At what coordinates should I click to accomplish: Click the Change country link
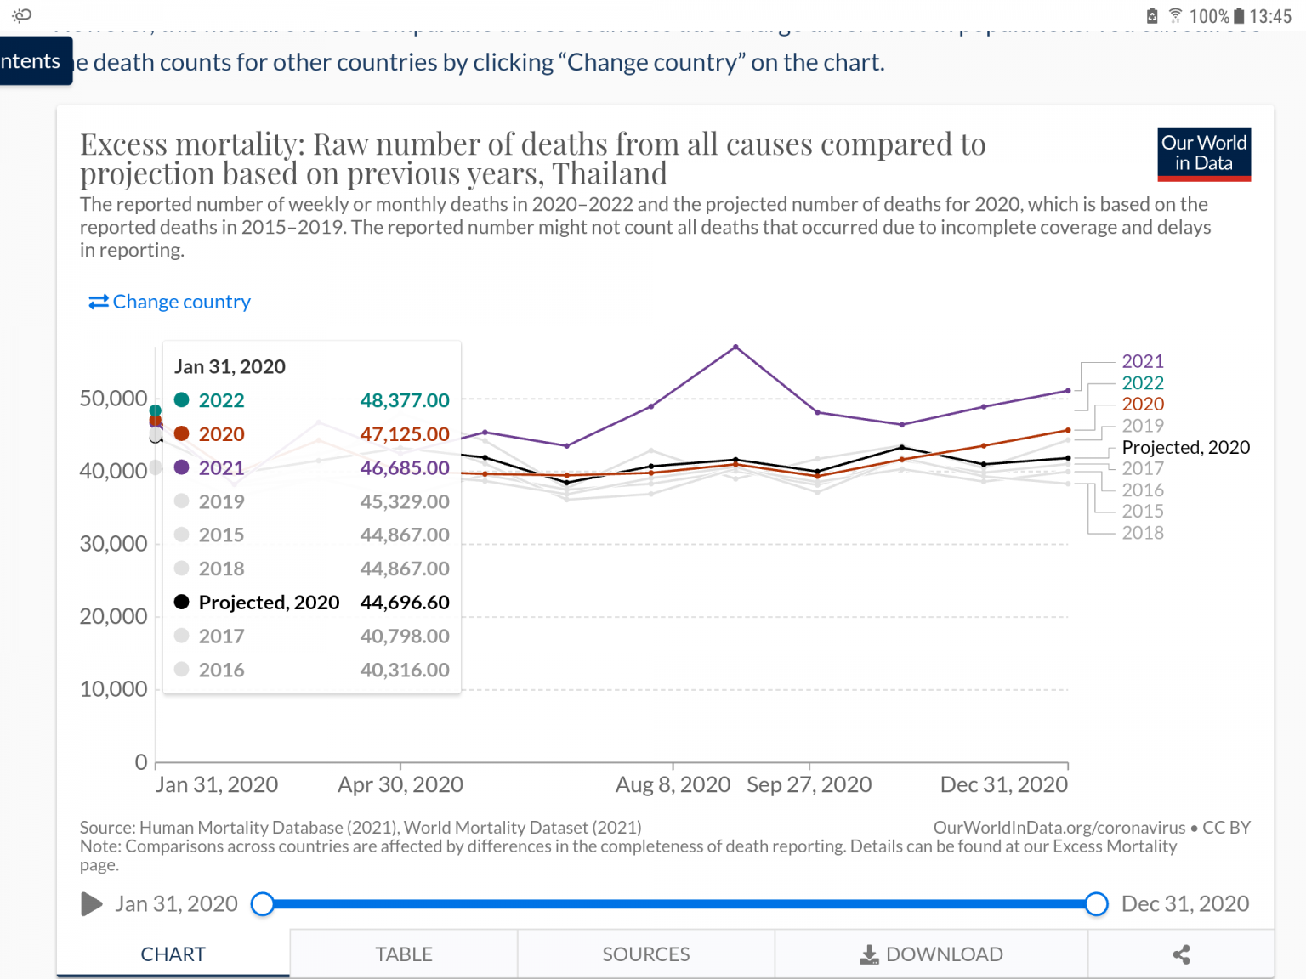pyautogui.click(x=171, y=302)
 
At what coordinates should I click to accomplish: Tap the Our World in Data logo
pyautogui.click(x=1203, y=154)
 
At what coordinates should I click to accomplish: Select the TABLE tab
pyautogui.click(x=404, y=954)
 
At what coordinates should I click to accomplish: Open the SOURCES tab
pyautogui.click(x=646, y=954)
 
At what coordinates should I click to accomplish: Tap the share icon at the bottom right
pyautogui.click(x=1181, y=954)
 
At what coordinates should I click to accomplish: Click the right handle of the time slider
pyautogui.click(x=1097, y=904)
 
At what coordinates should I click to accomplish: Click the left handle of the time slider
pyautogui.click(x=263, y=904)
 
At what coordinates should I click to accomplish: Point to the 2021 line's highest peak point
pyautogui.click(x=735, y=347)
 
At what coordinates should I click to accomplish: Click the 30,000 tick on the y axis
pyautogui.click(x=113, y=544)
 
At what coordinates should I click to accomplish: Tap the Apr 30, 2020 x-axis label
pyautogui.click(x=400, y=784)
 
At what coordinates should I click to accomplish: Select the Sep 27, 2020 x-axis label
pyautogui.click(x=809, y=784)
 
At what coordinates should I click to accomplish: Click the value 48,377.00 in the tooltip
pyautogui.click(x=405, y=400)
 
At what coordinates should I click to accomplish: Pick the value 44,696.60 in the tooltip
pyautogui.click(x=405, y=603)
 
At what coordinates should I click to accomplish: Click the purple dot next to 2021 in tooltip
pyautogui.click(x=181, y=467)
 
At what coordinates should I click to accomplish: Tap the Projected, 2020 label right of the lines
pyautogui.click(x=1185, y=448)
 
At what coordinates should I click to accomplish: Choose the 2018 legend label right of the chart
pyautogui.click(x=1142, y=533)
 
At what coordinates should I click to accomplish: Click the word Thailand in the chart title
pyautogui.click(x=610, y=174)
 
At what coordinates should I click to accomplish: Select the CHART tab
pyautogui.click(x=173, y=954)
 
